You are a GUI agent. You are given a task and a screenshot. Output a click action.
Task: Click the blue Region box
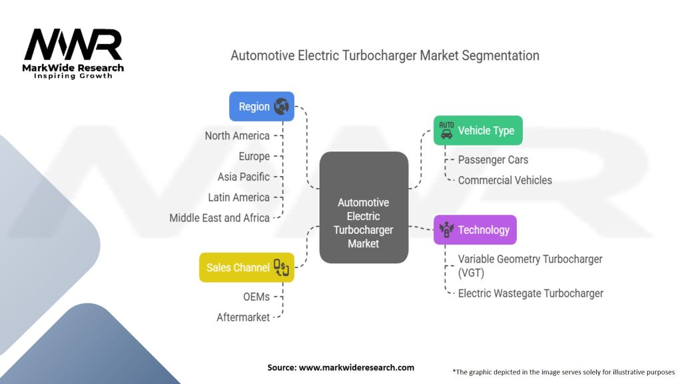tap(261, 107)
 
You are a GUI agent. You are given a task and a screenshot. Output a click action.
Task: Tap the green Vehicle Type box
tap(478, 131)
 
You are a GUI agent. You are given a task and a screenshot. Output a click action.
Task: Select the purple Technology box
tap(475, 230)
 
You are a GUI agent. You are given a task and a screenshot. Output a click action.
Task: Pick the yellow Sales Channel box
tap(246, 267)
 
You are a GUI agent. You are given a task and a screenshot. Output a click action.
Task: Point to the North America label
tap(237, 136)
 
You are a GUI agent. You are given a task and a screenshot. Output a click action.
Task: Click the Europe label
tap(254, 157)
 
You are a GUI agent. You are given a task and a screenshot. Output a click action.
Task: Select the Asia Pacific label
tap(244, 177)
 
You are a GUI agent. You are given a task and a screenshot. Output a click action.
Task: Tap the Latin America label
tap(238, 197)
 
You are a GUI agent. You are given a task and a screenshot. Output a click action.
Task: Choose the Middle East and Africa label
tap(220, 218)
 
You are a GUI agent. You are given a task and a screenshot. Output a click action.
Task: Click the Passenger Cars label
tap(493, 160)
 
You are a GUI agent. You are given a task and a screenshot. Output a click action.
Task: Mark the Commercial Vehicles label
tap(505, 180)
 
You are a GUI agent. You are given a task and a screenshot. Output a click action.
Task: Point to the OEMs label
tap(256, 297)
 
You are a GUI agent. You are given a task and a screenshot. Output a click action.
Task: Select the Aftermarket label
tap(243, 317)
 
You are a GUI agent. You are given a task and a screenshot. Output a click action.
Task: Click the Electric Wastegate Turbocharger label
tap(530, 293)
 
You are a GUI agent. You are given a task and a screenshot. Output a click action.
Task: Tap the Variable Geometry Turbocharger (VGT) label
tap(529, 265)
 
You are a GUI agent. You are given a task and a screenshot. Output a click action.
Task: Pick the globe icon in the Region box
tap(281, 107)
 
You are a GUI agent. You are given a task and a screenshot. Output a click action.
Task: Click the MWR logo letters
tap(73, 46)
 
